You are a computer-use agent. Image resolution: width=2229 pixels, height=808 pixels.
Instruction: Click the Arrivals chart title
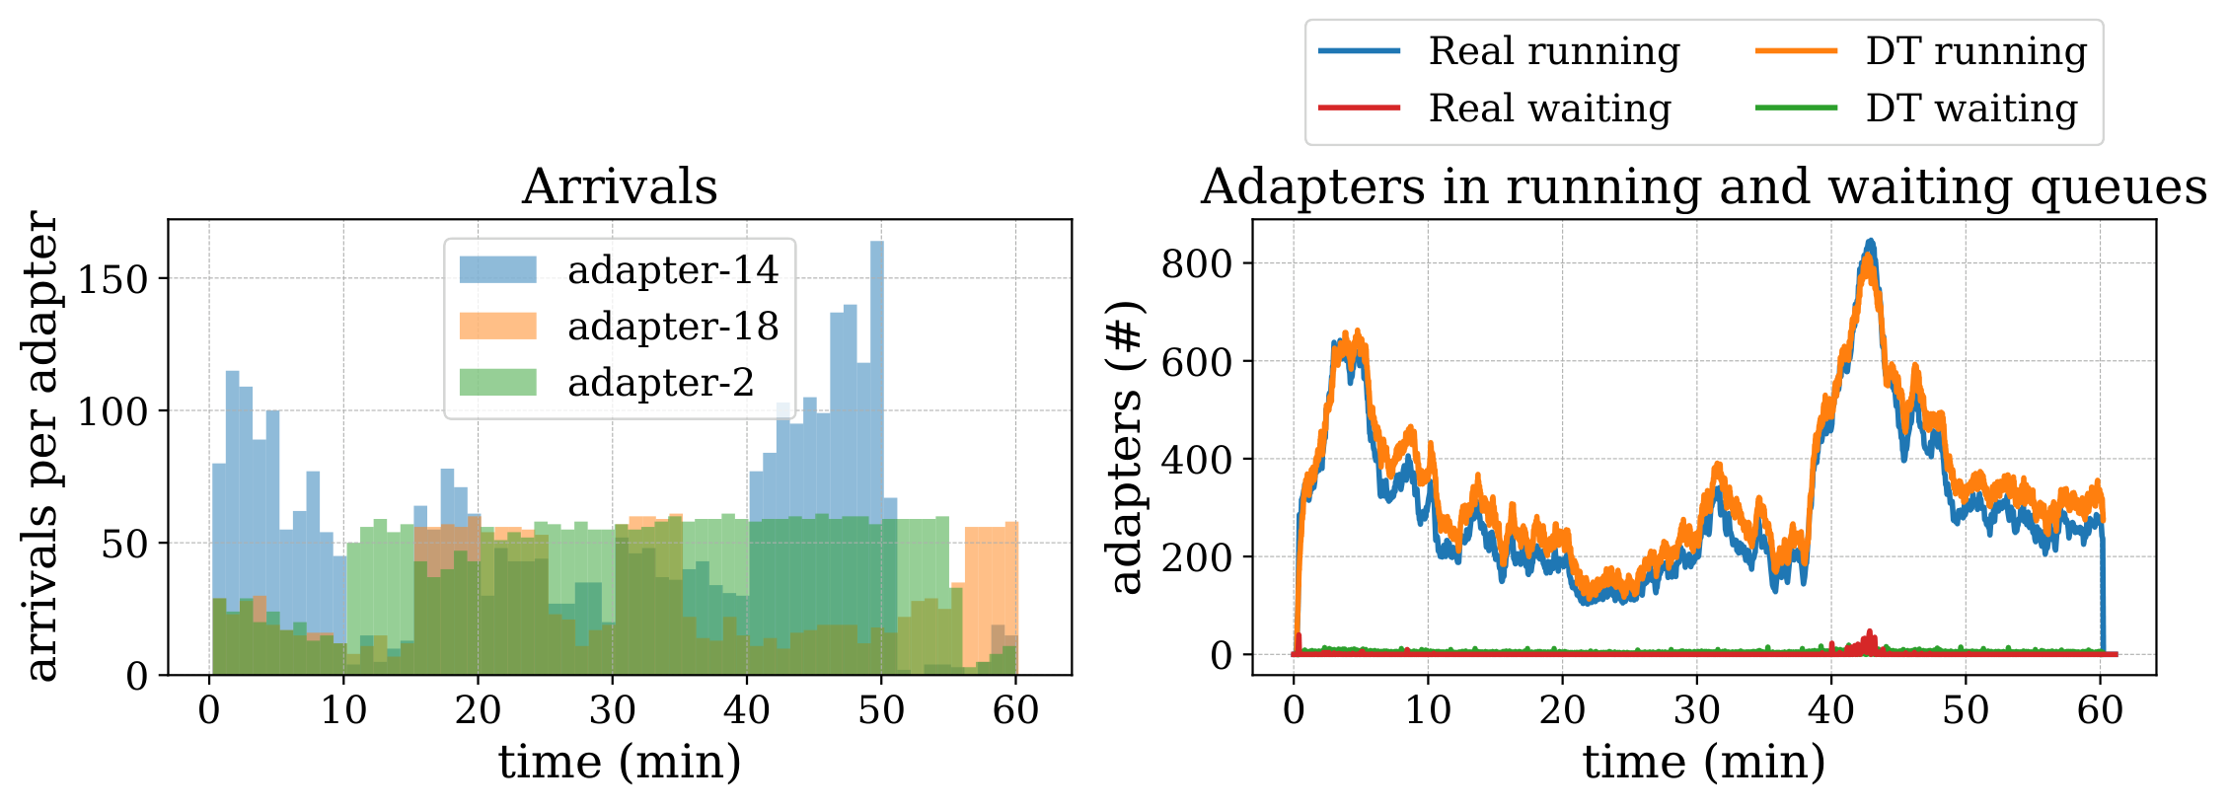(620, 186)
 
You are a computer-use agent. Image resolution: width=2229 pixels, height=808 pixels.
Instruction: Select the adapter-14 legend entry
(620, 269)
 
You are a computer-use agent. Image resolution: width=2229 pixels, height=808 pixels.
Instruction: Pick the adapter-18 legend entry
(620, 326)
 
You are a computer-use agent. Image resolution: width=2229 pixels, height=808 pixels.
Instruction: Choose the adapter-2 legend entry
(607, 382)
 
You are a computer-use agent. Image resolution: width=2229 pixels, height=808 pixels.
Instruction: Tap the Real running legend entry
(1500, 51)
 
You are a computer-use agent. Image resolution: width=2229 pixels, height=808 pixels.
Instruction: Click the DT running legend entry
(1922, 51)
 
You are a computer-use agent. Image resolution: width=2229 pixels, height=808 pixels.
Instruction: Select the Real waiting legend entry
(1496, 108)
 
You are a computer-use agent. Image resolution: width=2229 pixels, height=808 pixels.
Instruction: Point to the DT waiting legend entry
(1917, 108)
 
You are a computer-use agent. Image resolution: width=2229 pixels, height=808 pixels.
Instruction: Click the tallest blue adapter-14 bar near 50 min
(877, 458)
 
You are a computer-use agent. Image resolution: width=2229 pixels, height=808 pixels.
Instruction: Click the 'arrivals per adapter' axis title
(41, 446)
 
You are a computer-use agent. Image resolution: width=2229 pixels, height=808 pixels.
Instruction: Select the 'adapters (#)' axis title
(1125, 447)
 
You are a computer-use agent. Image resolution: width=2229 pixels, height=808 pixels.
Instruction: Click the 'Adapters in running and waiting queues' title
(1704, 186)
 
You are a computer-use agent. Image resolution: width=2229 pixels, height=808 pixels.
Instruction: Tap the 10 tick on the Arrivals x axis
(343, 709)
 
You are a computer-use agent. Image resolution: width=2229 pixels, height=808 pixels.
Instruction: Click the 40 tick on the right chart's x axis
(1831, 709)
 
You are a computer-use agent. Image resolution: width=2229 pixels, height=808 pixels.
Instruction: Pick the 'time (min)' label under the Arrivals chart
(620, 763)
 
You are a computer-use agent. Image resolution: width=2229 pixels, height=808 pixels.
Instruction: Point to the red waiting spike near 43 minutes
(1869, 640)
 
